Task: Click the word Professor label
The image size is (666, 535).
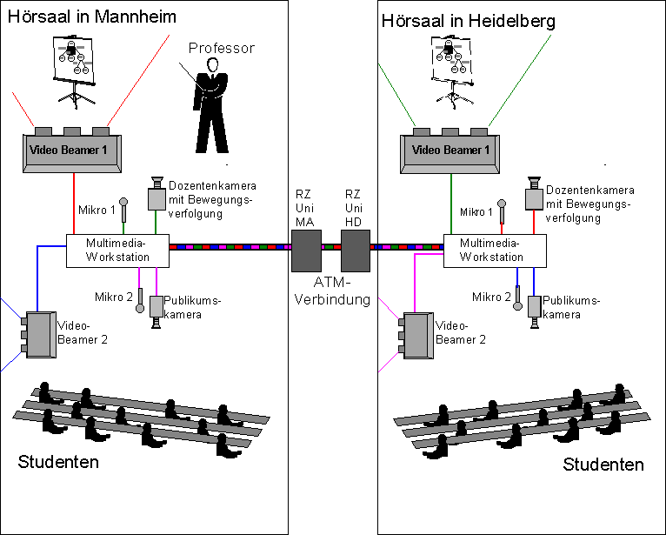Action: pos(222,49)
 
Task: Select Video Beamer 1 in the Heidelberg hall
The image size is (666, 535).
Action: pos(450,150)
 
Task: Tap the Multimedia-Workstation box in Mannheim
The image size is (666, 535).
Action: pos(117,251)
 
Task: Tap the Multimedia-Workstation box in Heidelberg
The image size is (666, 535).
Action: pos(494,251)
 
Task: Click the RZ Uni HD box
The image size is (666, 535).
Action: pos(355,251)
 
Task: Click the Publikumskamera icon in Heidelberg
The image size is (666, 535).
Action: pos(534,310)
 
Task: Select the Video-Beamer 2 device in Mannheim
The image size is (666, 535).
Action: pos(39,334)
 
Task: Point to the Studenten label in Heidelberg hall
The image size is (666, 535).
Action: pos(603,465)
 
